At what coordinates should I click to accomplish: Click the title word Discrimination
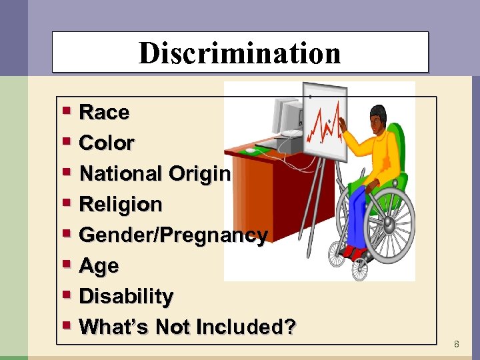tap(239, 53)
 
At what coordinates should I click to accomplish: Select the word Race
tap(104, 113)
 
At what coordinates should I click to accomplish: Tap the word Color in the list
tap(107, 143)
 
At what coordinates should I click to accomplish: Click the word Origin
tap(199, 173)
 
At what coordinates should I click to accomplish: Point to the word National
tap(121, 173)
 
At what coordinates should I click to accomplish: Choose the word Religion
tap(121, 204)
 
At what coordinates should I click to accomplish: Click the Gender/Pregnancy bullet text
tap(173, 235)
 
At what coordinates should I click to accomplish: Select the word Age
tap(99, 265)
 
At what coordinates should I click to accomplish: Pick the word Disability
tap(126, 296)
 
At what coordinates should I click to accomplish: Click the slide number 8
tap(456, 345)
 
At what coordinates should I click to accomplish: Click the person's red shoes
tap(353, 252)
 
